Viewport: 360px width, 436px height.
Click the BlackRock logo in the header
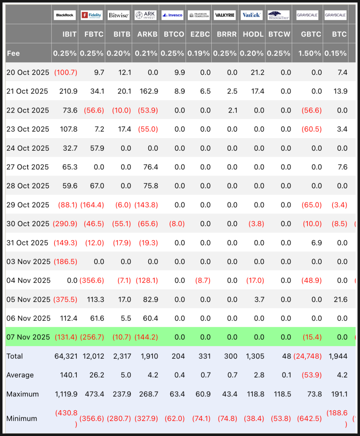(x=65, y=15)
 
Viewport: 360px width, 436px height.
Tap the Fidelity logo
(x=92, y=15)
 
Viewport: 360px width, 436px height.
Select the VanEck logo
(x=252, y=15)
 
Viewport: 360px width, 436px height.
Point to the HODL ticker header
(x=253, y=34)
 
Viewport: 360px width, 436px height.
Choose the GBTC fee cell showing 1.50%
(x=310, y=53)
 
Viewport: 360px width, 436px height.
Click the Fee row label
(x=13, y=53)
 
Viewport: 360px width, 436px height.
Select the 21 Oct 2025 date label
(x=27, y=91)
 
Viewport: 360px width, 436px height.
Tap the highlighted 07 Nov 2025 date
(x=28, y=337)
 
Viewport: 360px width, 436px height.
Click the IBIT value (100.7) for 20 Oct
(x=66, y=72)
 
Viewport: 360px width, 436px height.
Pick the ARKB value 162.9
(x=148, y=91)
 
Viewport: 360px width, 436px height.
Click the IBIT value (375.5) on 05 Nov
(x=65, y=299)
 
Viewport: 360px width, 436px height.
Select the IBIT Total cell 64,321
(x=66, y=356)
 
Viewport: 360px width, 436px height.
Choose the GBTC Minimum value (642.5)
(x=309, y=418)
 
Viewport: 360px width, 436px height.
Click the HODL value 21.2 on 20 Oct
(x=258, y=72)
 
